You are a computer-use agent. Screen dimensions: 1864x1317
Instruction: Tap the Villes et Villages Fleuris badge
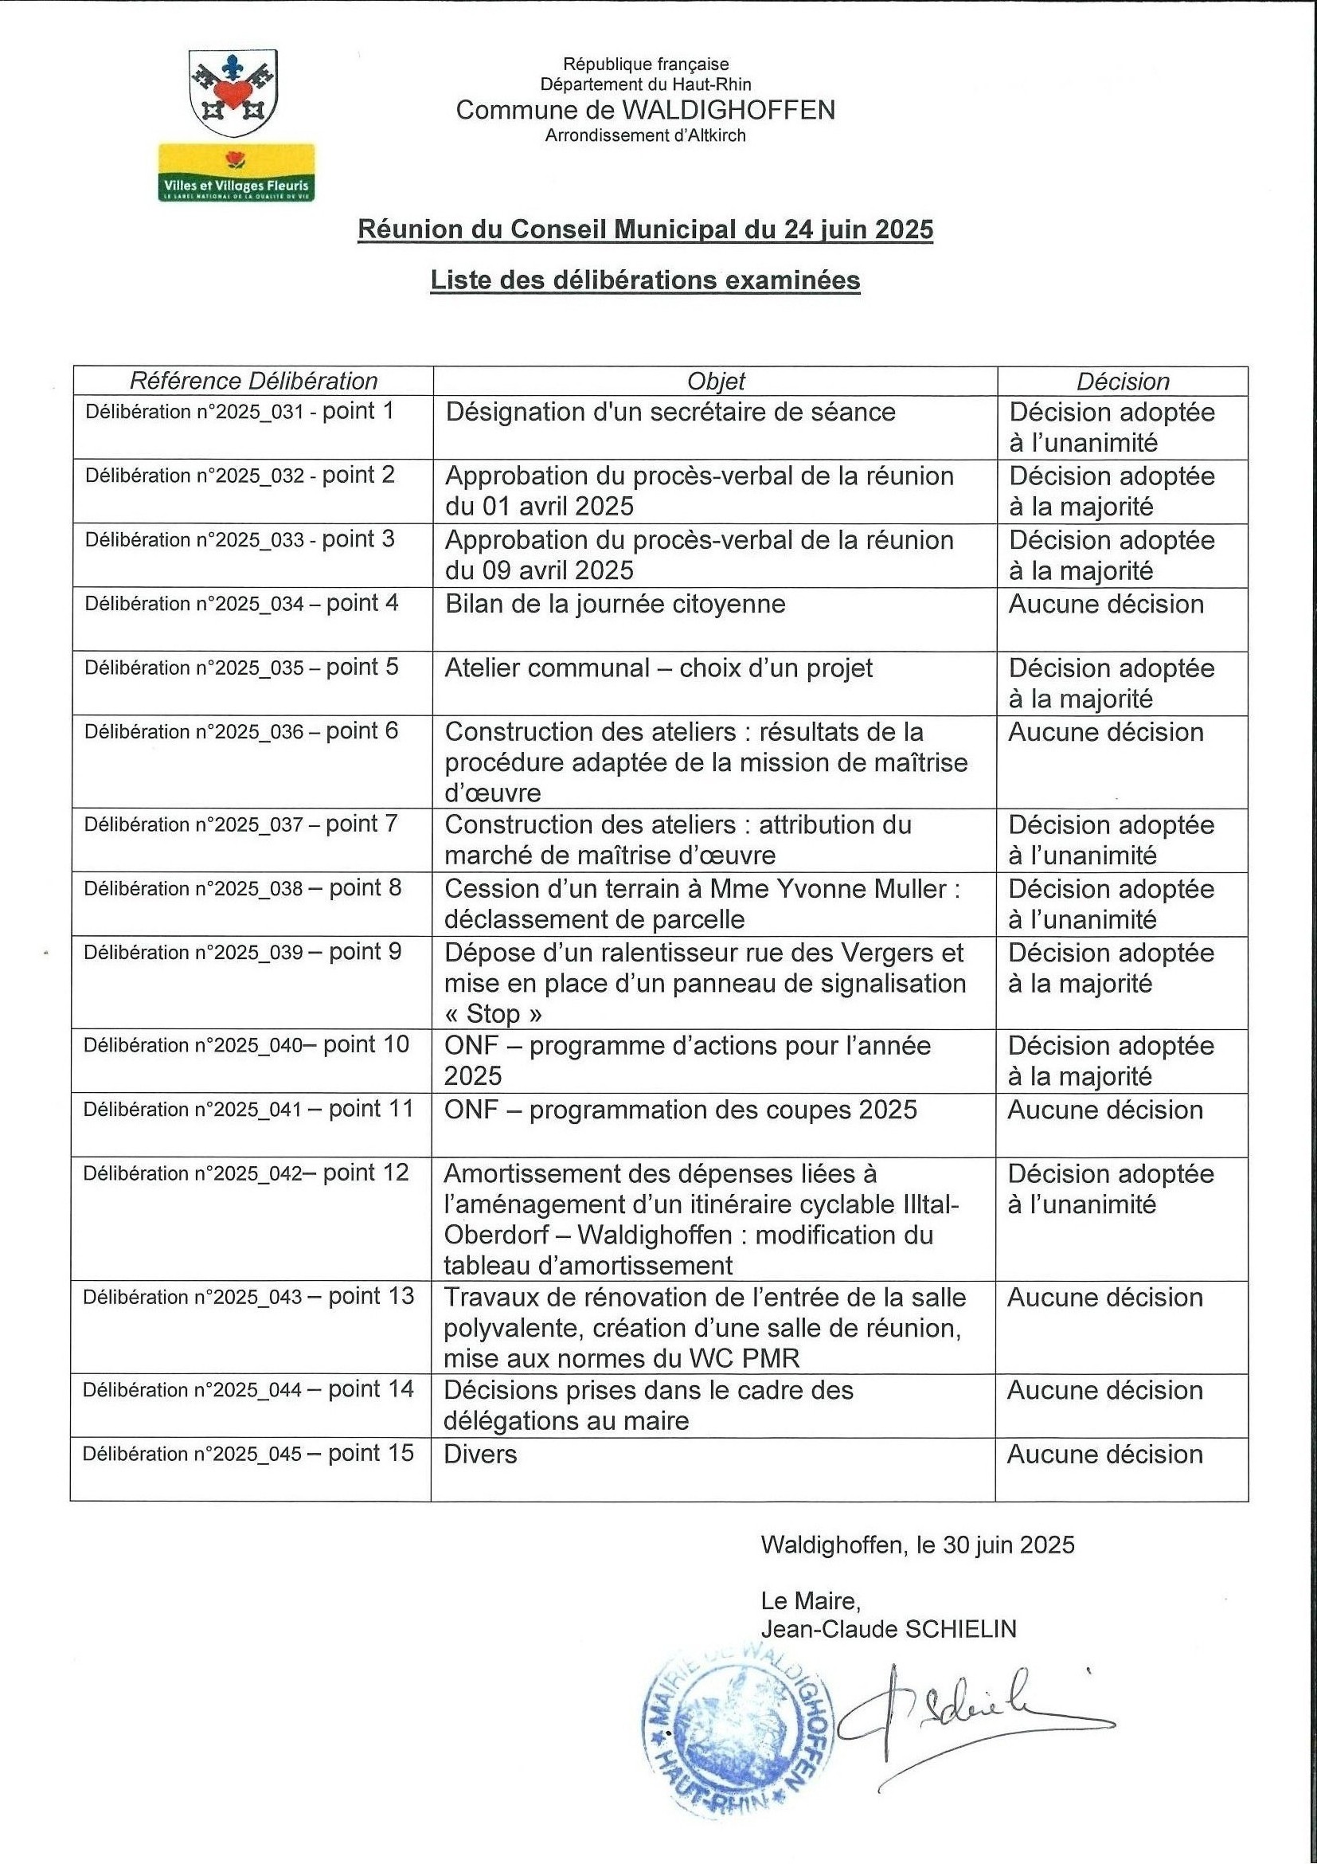click(236, 172)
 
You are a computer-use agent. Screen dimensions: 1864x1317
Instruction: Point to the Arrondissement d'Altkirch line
click(645, 135)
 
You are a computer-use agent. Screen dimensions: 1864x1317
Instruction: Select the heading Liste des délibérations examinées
click(645, 280)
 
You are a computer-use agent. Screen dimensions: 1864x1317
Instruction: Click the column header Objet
click(715, 381)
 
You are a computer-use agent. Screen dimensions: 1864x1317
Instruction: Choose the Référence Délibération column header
click(253, 381)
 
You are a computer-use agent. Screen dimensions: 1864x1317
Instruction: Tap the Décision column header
click(1122, 381)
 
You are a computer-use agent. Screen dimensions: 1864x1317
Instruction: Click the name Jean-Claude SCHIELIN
click(889, 1629)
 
